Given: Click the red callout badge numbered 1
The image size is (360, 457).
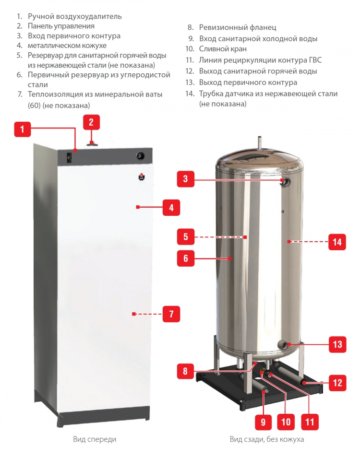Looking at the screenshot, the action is tap(23, 129).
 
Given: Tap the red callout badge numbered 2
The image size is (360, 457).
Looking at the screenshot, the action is tap(91, 122).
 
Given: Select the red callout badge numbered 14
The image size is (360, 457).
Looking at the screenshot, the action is tap(337, 242).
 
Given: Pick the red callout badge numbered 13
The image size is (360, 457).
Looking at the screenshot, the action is tap(337, 344).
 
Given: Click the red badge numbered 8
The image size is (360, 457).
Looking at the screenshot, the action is tap(185, 371).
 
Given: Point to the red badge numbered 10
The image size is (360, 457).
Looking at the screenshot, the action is tap(286, 422).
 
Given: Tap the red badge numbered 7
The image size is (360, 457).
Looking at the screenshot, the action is tap(171, 314).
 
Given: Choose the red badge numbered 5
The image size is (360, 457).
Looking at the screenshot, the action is tap(186, 237).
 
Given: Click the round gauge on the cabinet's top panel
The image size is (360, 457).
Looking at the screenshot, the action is tap(141, 156).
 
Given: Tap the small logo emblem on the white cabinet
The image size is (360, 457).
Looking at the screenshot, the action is tap(142, 176).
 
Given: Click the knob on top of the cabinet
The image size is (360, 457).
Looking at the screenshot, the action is tap(92, 143).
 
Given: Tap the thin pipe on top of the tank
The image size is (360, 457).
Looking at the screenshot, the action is tap(259, 143).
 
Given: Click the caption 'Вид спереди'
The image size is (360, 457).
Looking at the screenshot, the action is tap(95, 439).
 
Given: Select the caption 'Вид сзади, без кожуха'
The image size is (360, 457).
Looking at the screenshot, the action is tap(267, 439).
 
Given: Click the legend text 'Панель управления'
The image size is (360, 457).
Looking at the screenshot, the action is tap(61, 26).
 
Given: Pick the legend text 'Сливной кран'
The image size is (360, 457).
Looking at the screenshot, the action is tap(223, 49).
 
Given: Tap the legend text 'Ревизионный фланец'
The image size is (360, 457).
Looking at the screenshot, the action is tap(238, 27).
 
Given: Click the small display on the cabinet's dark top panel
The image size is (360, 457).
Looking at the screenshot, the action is tap(69, 158).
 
